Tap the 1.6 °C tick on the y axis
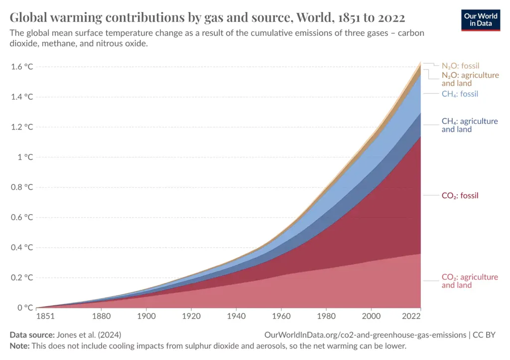click(22, 67)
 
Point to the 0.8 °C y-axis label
click(22, 187)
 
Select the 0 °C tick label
click(25, 308)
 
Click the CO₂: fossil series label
click(460, 196)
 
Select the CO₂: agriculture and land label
click(469, 281)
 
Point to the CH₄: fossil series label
click(460, 94)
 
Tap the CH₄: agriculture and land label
click(469, 125)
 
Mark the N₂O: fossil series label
click(460, 66)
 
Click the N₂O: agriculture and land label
click(470, 79)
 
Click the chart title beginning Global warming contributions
click(207, 18)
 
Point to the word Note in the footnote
click(19, 346)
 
